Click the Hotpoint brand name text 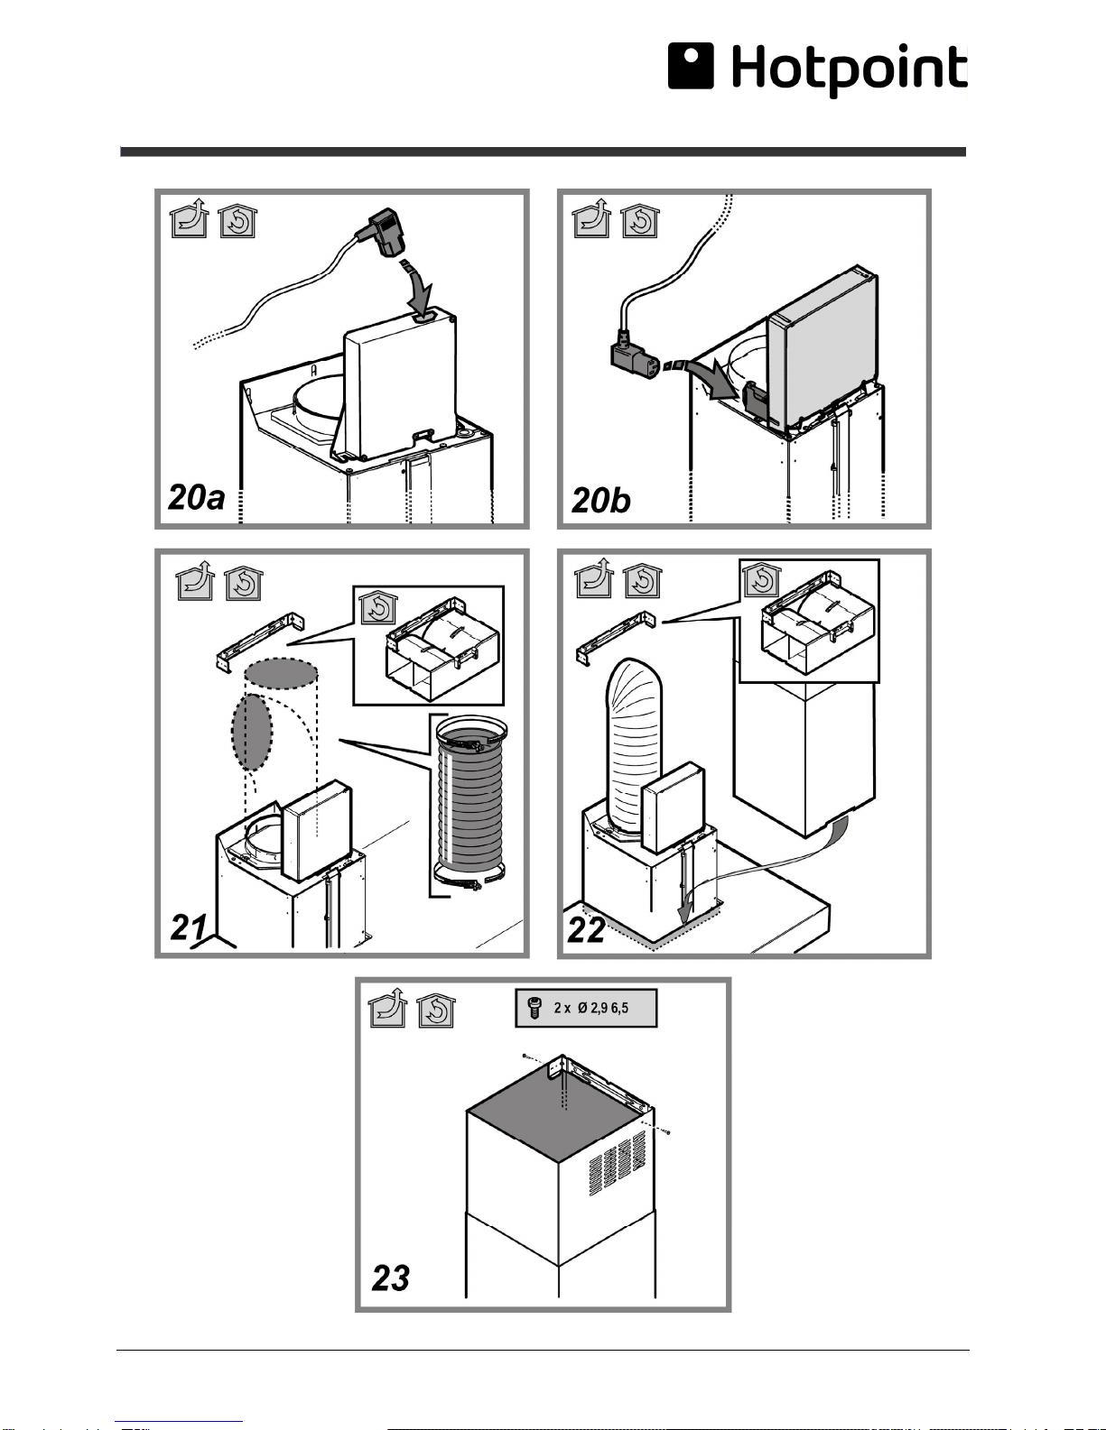[850, 69]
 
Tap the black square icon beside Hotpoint [691, 66]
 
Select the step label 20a [196, 497]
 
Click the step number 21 [189, 927]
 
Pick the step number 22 [586, 930]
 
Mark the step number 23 [390, 1278]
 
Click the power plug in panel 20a [384, 230]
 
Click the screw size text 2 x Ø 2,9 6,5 [591, 1008]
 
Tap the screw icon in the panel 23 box [534, 1008]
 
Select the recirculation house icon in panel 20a [237, 220]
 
